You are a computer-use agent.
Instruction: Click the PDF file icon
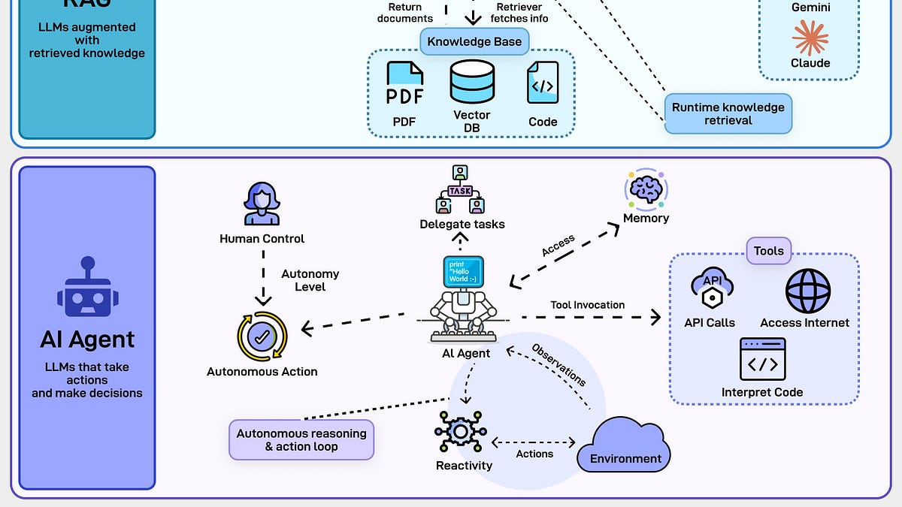(x=405, y=84)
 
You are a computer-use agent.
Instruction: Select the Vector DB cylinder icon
(x=472, y=83)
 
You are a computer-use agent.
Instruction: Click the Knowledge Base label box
(x=474, y=41)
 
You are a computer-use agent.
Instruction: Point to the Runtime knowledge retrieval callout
(x=728, y=113)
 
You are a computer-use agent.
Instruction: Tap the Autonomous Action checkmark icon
(x=262, y=336)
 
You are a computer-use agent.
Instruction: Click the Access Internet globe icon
(x=808, y=291)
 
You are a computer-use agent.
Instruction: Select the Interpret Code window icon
(x=762, y=359)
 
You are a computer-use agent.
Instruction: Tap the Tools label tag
(x=768, y=251)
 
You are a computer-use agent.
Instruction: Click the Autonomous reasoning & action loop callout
(x=301, y=440)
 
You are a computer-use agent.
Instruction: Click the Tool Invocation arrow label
(x=587, y=305)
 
